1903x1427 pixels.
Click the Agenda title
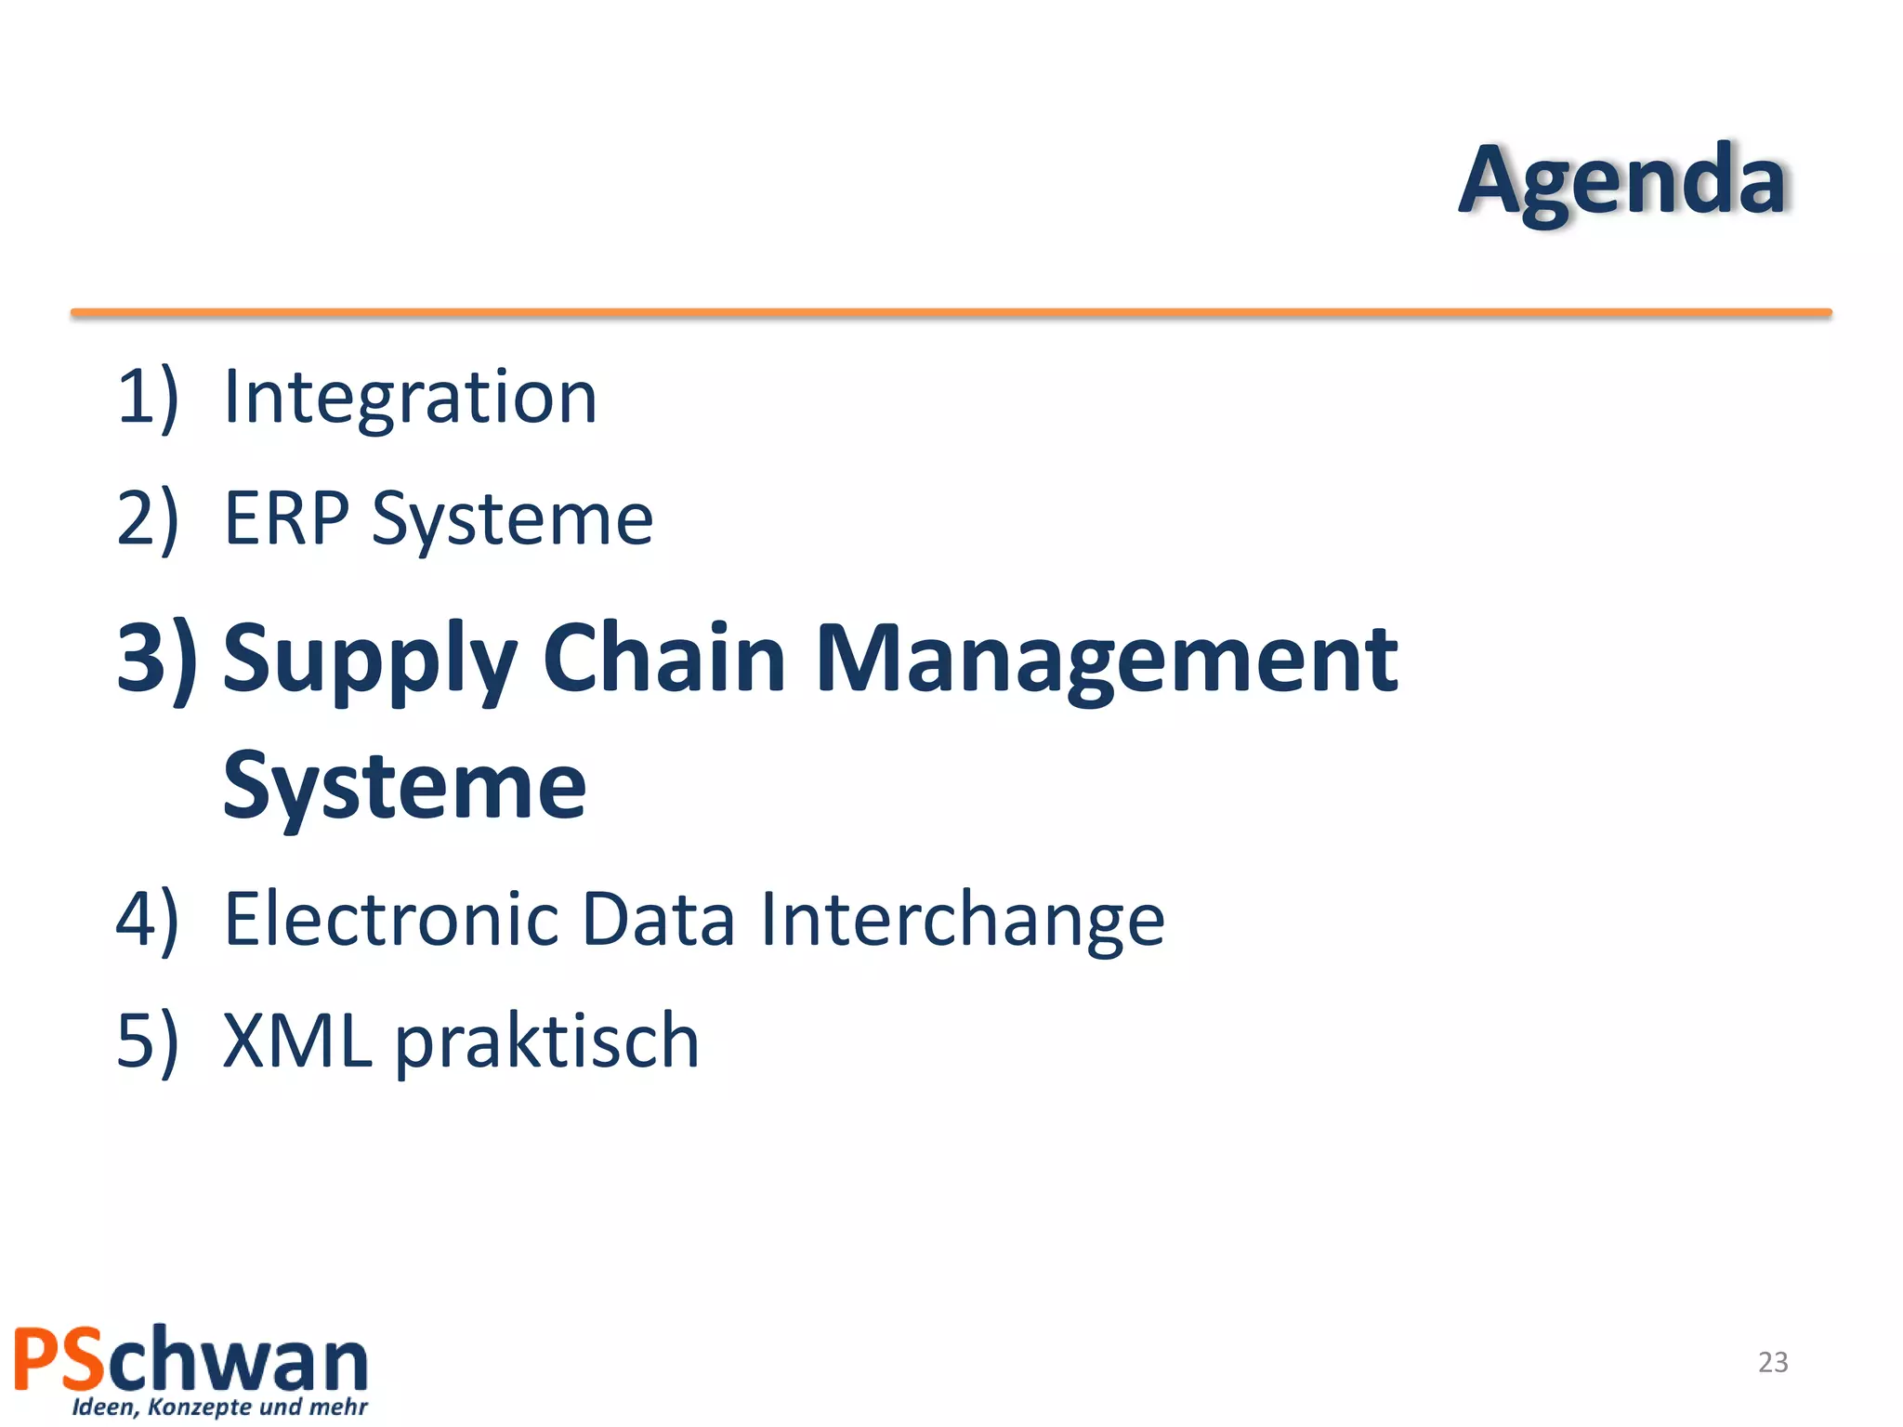(1621, 181)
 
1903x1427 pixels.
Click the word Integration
(410, 398)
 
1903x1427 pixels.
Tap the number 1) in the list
(147, 398)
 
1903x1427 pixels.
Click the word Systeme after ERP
(512, 520)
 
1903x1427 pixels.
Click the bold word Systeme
(404, 788)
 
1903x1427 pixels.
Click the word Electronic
(390, 920)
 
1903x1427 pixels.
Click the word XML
(297, 1041)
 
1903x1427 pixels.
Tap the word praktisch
(547, 1043)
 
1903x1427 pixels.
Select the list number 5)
(147, 1041)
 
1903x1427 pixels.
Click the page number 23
(1773, 1362)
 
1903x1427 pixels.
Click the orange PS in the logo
(59, 1360)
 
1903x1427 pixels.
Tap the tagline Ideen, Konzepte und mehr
(219, 1407)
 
